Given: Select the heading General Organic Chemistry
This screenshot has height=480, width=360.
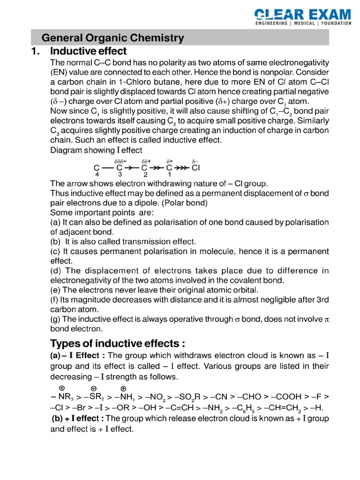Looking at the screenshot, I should click(x=113, y=38).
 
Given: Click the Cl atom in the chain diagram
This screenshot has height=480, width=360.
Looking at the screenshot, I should click(x=196, y=167).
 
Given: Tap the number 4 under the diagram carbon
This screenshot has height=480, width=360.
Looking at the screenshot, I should click(x=97, y=174).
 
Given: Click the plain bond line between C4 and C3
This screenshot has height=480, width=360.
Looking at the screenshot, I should click(x=108, y=167).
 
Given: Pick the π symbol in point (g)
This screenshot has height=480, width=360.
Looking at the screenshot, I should click(x=326, y=319).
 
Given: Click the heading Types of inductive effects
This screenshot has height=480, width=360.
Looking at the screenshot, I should click(x=115, y=344).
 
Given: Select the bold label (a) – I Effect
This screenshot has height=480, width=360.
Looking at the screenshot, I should click(x=78, y=356).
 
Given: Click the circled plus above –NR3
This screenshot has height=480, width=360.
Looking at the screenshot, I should click(x=61, y=388).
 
